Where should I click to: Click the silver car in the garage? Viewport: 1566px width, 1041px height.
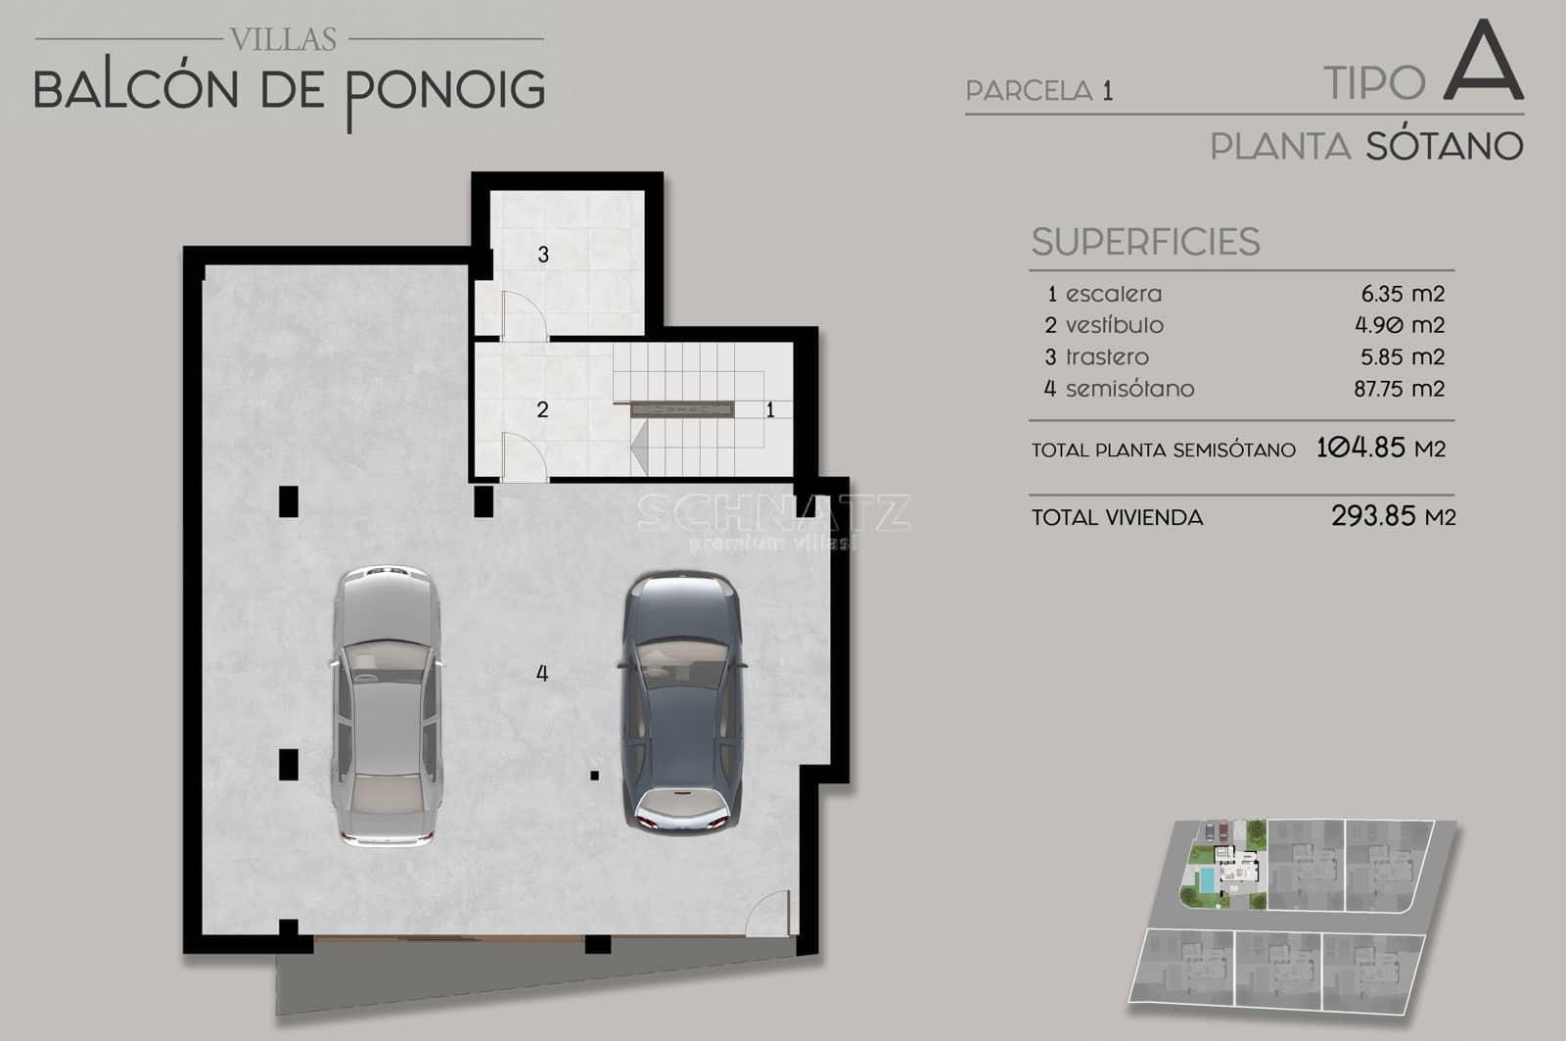point(386,705)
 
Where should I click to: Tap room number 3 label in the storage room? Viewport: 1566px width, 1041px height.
point(543,255)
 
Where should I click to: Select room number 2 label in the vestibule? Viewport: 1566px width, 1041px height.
point(542,409)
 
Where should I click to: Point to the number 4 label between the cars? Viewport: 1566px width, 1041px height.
point(542,673)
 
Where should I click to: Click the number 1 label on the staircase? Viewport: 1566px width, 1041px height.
point(770,410)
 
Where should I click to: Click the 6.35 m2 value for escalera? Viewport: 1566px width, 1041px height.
point(1403,294)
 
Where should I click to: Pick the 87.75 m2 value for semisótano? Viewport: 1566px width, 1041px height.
point(1399,389)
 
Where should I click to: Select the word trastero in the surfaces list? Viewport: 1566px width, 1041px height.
point(1107,357)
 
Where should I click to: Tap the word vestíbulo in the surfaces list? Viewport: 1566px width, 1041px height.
point(1114,325)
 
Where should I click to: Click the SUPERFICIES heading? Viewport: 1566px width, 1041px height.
point(1145,242)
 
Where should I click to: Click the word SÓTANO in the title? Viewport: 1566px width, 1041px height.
point(1445,146)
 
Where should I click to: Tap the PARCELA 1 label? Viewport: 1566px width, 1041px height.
point(1038,91)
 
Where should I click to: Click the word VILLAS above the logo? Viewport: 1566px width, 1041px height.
point(284,39)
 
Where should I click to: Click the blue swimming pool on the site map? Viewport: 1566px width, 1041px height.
point(1209,878)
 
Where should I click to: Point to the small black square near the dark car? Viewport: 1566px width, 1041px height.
point(594,776)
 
